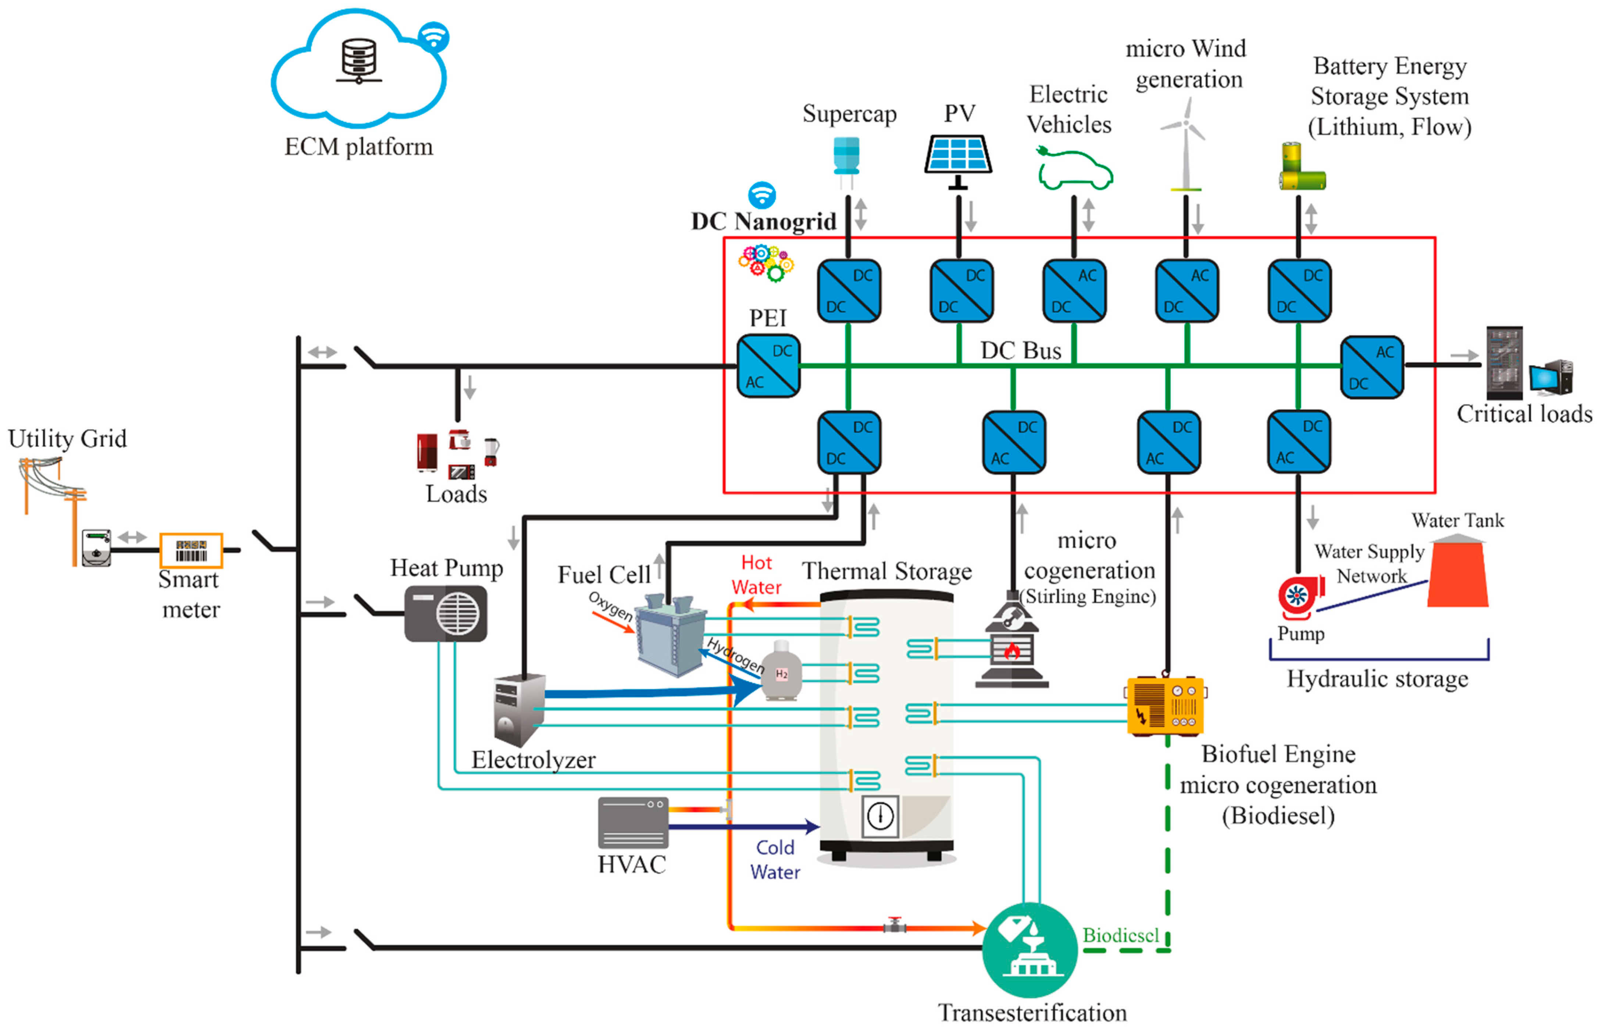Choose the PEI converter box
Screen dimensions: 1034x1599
768,366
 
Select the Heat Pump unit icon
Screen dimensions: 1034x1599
446,613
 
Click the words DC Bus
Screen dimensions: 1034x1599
1020,350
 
